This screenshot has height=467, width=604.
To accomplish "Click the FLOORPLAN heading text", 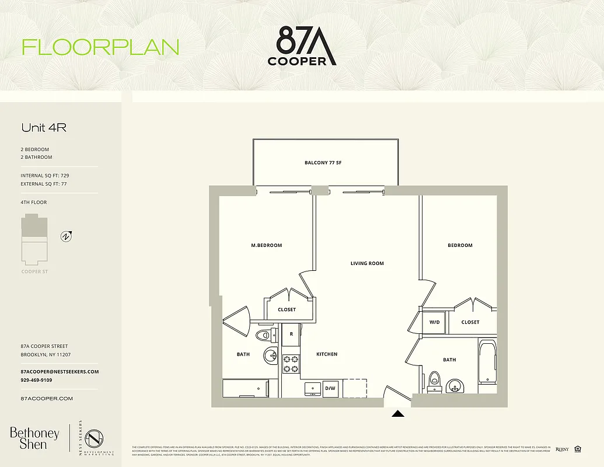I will pyautogui.click(x=100, y=47).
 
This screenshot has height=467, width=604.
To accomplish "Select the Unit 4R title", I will pyautogui.click(x=44, y=128).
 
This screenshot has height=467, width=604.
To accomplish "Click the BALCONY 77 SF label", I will pyautogui.click(x=323, y=162).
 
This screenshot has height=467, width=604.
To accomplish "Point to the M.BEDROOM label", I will pyautogui.click(x=266, y=245).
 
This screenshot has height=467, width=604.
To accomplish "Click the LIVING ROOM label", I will pyautogui.click(x=367, y=263).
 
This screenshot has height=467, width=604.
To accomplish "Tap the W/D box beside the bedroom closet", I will pyautogui.click(x=434, y=322).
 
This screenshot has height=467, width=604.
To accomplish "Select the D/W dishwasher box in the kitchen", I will pyautogui.click(x=330, y=388).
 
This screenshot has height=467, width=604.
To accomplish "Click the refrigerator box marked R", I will pyautogui.click(x=291, y=334).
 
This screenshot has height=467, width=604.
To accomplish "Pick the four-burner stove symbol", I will pyautogui.click(x=291, y=364).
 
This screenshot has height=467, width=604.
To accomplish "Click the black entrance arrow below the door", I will pyautogui.click(x=397, y=414).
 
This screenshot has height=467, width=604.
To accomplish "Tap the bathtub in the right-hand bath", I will pyautogui.click(x=487, y=362).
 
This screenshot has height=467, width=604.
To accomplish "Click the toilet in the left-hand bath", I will pyautogui.click(x=263, y=335).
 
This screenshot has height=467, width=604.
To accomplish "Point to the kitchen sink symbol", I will pyautogui.click(x=312, y=388).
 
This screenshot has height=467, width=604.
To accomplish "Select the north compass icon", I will pyautogui.click(x=67, y=236).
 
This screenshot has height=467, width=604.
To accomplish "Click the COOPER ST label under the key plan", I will pyautogui.click(x=35, y=271).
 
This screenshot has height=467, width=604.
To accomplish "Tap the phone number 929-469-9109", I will pyautogui.click(x=36, y=380).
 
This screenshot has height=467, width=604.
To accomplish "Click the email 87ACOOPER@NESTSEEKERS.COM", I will pyautogui.click(x=60, y=371).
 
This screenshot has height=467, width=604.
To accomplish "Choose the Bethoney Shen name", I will pyautogui.click(x=34, y=438).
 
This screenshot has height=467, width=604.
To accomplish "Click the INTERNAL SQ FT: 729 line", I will pyautogui.click(x=45, y=175).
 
